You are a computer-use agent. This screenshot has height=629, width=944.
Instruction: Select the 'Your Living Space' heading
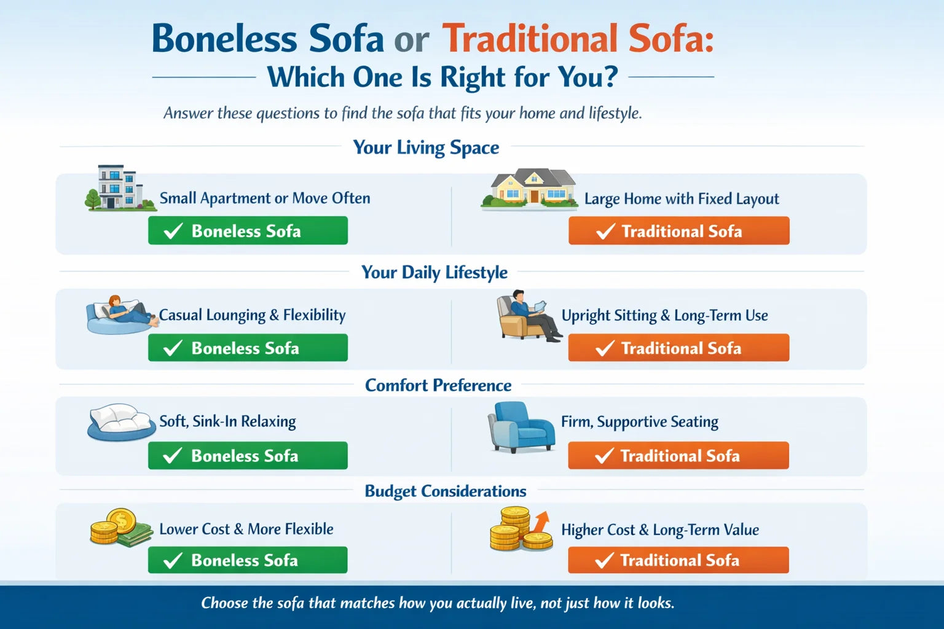pos(426,147)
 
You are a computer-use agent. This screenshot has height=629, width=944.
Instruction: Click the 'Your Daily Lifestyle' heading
pos(435,272)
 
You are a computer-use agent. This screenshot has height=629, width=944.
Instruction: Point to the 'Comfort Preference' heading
pos(438,385)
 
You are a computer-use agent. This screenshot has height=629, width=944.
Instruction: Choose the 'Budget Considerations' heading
pos(446,491)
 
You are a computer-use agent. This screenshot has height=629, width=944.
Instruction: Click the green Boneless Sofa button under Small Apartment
pos(248,231)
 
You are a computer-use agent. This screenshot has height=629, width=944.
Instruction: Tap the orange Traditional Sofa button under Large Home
pos(678,231)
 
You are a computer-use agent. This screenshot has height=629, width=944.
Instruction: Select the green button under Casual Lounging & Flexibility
pos(248,348)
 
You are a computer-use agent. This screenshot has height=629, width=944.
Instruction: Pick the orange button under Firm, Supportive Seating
pos(678,456)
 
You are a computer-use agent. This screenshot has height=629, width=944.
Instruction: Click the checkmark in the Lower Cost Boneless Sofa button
pos(173,560)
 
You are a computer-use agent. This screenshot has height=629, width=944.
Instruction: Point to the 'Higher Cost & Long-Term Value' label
pos(659,529)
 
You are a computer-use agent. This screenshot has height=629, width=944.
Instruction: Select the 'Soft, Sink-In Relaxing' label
pos(227,421)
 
